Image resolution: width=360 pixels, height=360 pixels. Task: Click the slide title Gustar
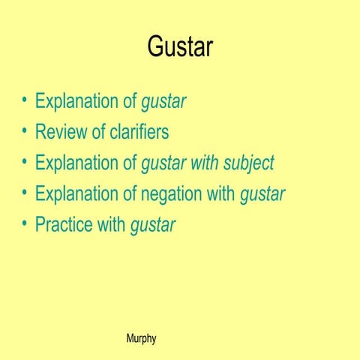click(x=180, y=46)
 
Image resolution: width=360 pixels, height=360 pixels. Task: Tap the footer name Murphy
click(x=142, y=338)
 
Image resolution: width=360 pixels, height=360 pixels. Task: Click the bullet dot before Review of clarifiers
click(x=25, y=131)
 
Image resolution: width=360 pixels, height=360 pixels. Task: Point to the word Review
click(x=60, y=133)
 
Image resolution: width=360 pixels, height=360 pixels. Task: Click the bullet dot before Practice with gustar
click(x=25, y=223)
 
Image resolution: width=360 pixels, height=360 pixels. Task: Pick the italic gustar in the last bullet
click(x=152, y=226)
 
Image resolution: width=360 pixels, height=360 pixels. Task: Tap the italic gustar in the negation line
click(x=262, y=195)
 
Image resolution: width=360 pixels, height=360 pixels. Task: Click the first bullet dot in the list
click(x=25, y=100)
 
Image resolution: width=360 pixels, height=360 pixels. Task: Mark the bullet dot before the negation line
click(x=25, y=193)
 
